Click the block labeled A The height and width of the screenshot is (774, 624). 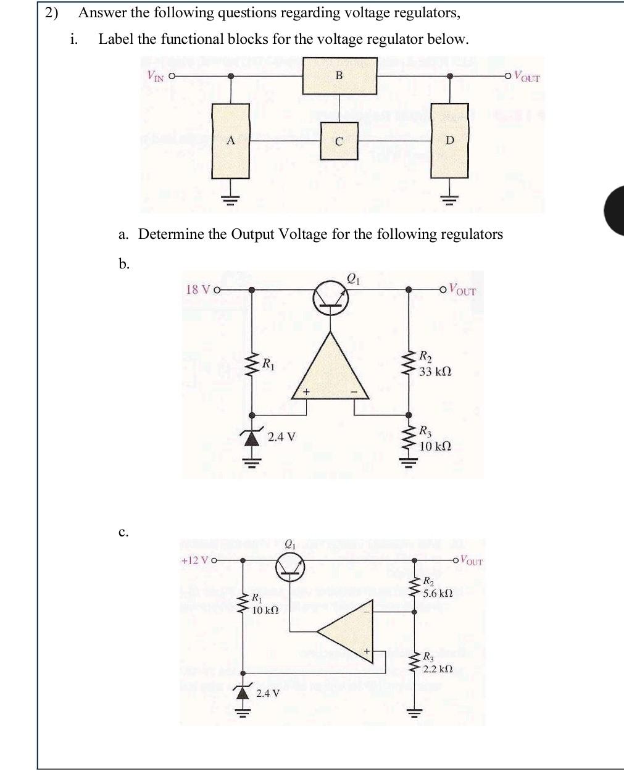(231, 140)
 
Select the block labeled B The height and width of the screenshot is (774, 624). (339, 76)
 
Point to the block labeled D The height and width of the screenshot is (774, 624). (449, 140)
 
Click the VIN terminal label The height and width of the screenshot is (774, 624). (156, 76)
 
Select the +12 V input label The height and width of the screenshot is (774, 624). (196, 560)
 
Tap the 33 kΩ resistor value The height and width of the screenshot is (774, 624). (435, 372)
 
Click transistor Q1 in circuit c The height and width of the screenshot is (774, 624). (291, 566)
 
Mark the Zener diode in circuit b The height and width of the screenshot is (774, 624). (251, 438)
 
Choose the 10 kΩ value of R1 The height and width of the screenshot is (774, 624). (265, 610)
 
